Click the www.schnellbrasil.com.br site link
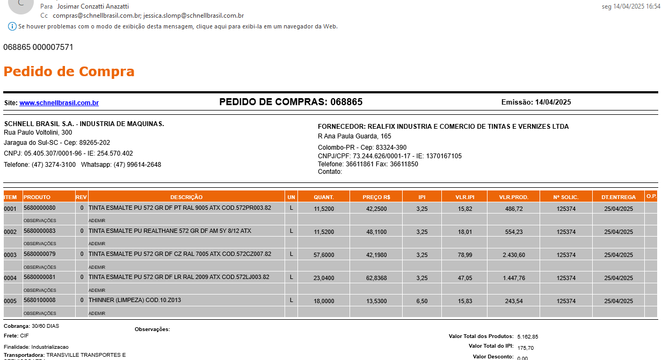59,103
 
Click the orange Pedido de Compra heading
69,71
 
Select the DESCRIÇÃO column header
186,197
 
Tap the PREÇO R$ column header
376,197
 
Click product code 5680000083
40,231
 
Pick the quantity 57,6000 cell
324,255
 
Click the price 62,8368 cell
376,278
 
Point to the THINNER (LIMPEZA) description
135,300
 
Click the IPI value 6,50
422,302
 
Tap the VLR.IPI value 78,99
465,255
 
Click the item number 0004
11,278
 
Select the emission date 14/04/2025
552,102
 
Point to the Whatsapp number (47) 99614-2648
137,165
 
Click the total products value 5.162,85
528,337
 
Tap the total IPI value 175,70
526,348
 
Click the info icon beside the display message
12,26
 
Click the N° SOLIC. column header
566,197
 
